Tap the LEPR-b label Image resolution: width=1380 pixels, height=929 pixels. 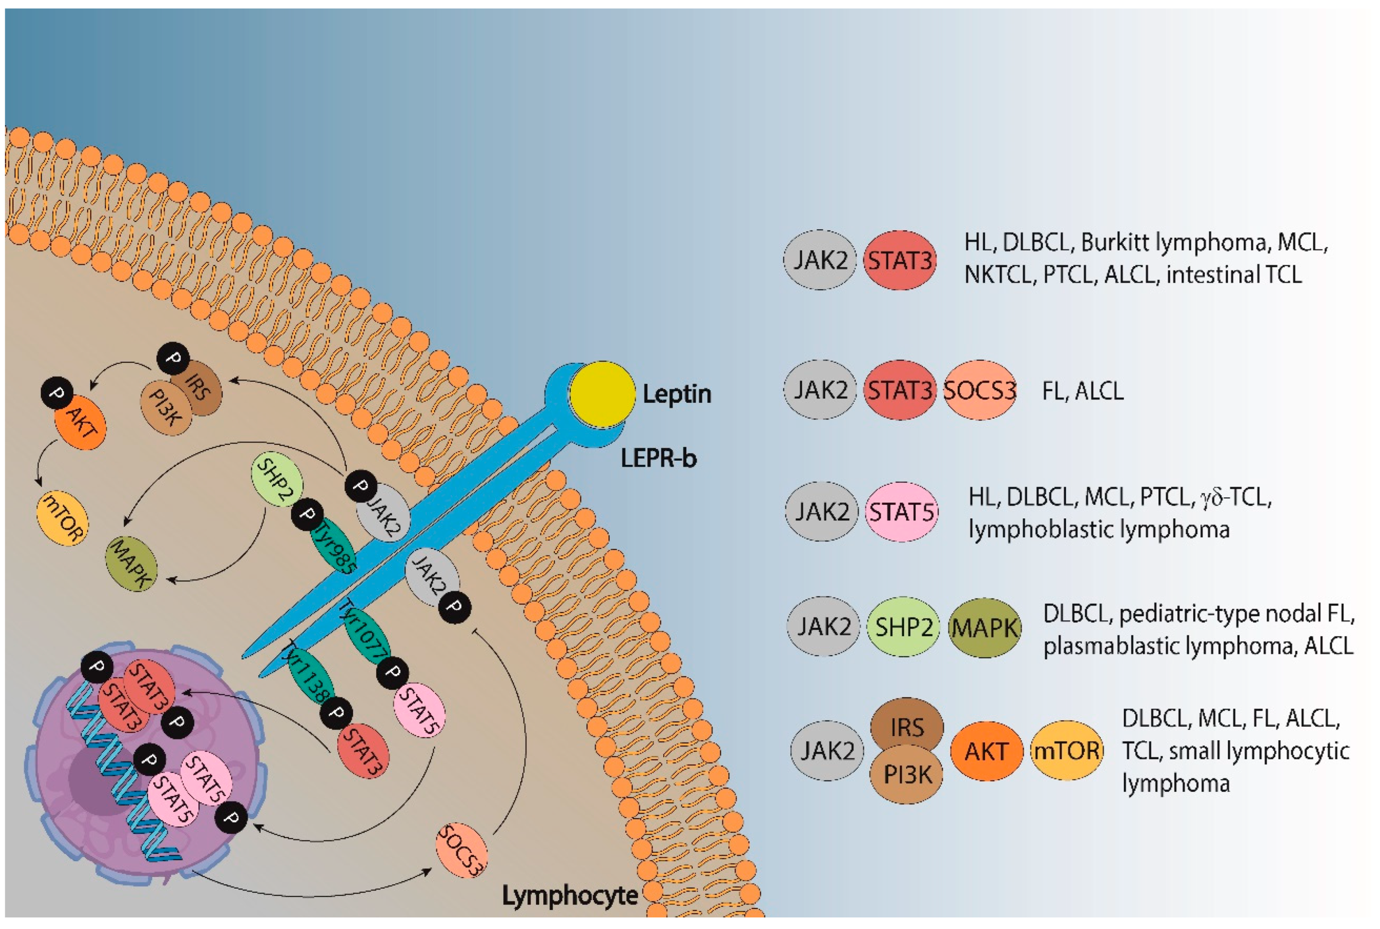pos(658,458)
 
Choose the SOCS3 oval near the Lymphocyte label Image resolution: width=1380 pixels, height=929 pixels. pos(461,850)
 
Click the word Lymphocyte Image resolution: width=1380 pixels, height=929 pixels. pos(570,895)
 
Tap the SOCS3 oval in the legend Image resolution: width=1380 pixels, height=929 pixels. pos(979,390)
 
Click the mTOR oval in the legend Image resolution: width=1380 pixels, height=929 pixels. pos(1066,751)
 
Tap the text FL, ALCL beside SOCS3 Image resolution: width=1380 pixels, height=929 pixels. pos(1082,391)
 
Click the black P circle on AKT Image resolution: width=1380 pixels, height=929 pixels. pos(57,393)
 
